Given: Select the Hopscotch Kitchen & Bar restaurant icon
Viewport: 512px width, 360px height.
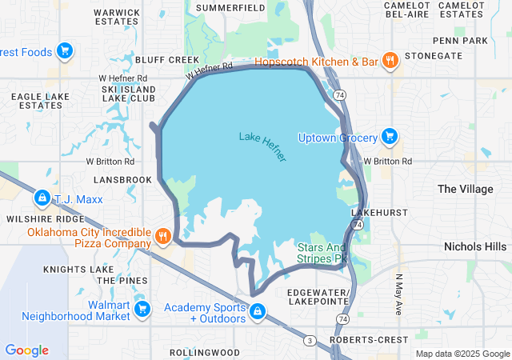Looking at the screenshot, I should (390, 60).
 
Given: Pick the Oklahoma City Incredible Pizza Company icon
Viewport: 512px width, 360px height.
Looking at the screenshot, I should (163, 236).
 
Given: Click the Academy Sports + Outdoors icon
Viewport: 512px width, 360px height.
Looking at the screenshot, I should (257, 312).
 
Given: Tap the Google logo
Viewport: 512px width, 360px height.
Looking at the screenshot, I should (26, 350).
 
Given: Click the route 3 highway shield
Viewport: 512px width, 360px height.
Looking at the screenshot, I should (309, 341).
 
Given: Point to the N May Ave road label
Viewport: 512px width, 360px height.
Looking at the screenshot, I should (398, 294).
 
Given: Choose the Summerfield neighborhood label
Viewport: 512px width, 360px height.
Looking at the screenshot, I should (230, 7).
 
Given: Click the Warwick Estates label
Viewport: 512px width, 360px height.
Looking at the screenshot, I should (117, 18).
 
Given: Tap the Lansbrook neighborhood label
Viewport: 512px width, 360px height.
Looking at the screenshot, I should (122, 180).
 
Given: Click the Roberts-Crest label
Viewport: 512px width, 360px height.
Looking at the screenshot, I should (370, 340).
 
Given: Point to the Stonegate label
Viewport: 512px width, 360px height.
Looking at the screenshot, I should (434, 56).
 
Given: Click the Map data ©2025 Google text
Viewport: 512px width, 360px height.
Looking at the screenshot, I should (462, 354).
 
